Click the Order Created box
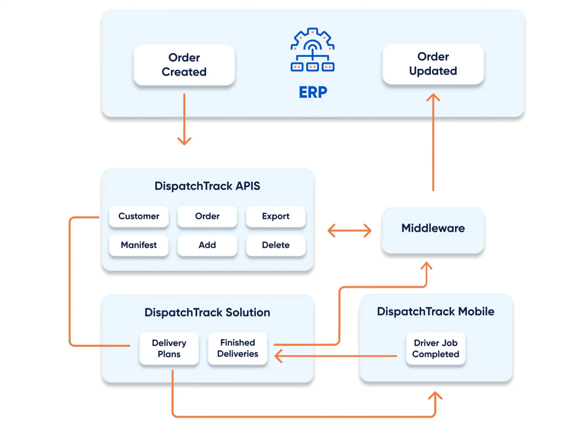pyautogui.click(x=184, y=65)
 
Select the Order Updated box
pyautogui.click(x=433, y=64)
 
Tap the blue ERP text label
pyautogui.click(x=313, y=92)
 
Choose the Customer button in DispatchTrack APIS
pyautogui.click(x=139, y=216)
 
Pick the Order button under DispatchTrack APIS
pyautogui.click(x=207, y=216)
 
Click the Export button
pyautogui.click(x=275, y=216)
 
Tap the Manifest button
pyautogui.click(x=139, y=245)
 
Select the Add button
pyautogui.click(x=207, y=245)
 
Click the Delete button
pyautogui.click(x=275, y=245)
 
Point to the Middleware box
pyautogui.click(x=433, y=230)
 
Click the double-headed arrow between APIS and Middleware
pyautogui.click(x=349, y=231)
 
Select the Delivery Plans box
pyautogui.click(x=169, y=348)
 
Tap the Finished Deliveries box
pyautogui.click(x=237, y=348)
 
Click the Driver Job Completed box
pyautogui.click(x=435, y=348)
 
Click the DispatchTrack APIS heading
pyautogui.click(x=207, y=186)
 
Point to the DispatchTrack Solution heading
pyautogui.click(x=207, y=312)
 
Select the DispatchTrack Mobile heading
pyautogui.click(x=435, y=311)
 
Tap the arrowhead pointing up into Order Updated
pyautogui.click(x=433, y=97)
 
